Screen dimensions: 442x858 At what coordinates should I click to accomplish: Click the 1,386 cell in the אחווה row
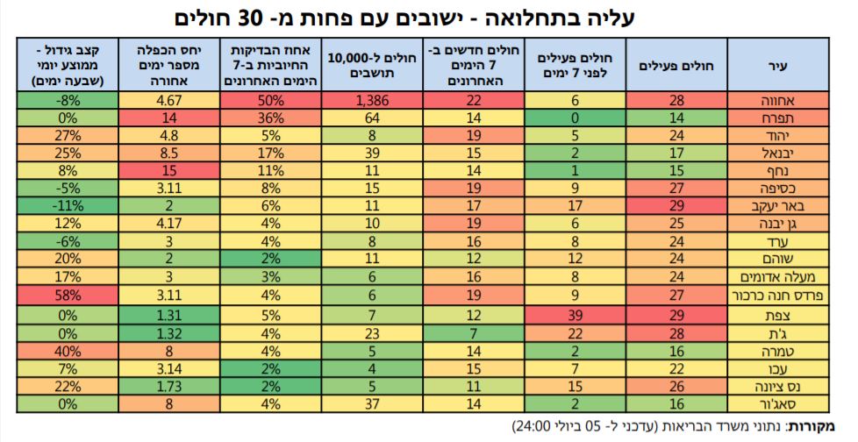372,102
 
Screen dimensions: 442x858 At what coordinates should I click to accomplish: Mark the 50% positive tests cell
270,102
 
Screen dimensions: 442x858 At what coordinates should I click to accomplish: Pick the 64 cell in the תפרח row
372,118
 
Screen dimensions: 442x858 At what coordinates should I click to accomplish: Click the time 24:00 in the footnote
532,426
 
